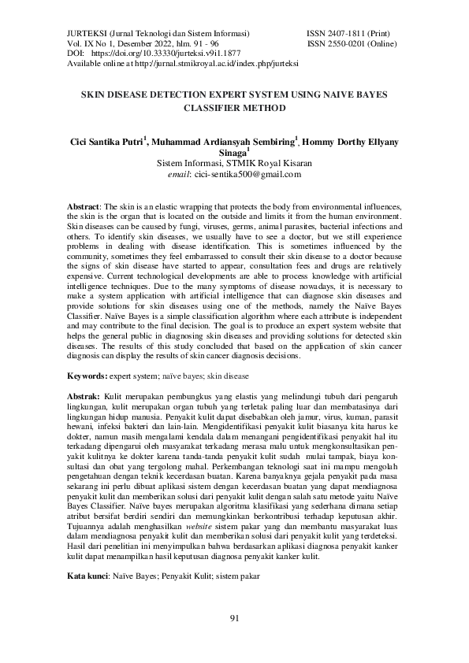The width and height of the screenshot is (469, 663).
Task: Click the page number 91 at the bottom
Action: pyautogui.click(x=234, y=617)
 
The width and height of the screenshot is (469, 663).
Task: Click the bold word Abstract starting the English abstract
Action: pyautogui.click(x=83, y=206)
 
